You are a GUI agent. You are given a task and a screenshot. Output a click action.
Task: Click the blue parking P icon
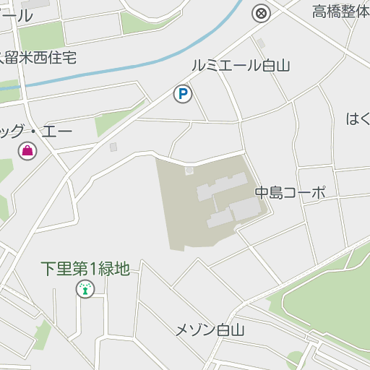[x=183, y=93]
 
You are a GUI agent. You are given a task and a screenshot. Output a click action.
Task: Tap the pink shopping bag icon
[x=27, y=151]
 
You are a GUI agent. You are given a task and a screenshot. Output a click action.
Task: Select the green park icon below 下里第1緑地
[x=85, y=290]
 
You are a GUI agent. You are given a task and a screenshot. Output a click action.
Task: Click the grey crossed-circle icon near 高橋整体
[x=261, y=12]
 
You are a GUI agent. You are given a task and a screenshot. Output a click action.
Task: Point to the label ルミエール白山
[x=240, y=66]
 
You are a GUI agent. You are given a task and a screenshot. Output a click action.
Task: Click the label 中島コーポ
[x=290, y=193]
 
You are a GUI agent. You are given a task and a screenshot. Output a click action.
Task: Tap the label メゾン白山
[x=210, y=330]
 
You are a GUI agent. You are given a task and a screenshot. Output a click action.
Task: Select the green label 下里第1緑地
[x=85, y=269]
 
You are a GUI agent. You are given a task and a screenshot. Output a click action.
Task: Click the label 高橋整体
[x=340, y=12]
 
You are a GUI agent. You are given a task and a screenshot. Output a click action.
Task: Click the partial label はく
[x=358, y=119]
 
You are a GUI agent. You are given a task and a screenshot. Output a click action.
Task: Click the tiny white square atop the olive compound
[x=189, y=171]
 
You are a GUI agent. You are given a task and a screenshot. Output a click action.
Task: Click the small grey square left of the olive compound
[x=113, y=147]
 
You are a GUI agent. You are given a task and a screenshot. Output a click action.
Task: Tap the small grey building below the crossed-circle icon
[x=261, y=43]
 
